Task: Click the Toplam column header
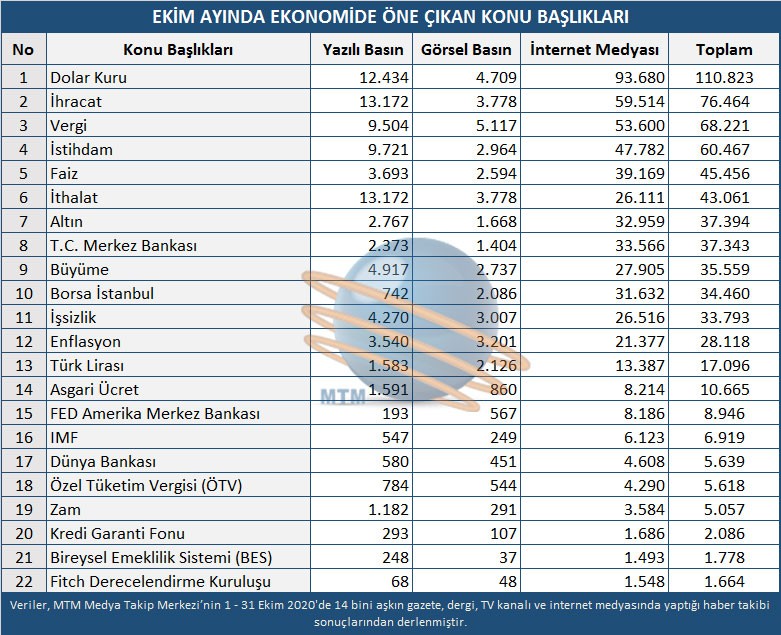723,50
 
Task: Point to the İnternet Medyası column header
594,50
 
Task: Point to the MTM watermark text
342,395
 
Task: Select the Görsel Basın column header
466,50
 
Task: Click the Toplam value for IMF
735,438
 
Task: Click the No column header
24,50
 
